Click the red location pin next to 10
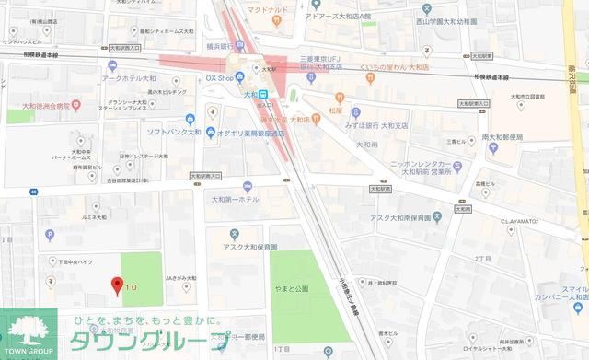point(116,285)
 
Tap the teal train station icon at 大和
point(262,93)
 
